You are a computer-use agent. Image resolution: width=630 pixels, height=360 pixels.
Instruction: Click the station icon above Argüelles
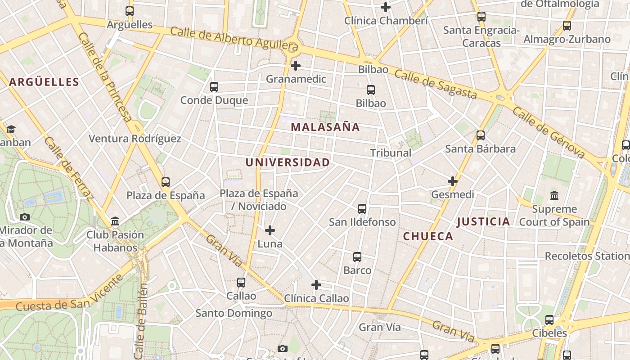pyautogui.click(x=130, y=11)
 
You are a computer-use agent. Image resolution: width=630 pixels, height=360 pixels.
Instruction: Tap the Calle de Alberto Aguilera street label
pyautogui.click(x=234, y=39)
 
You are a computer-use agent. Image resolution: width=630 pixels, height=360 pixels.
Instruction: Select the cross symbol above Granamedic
pyautogui.click(x=295, y=66)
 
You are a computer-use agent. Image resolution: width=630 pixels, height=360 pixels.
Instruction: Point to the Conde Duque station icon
pyautogui.click(x=214, y=87)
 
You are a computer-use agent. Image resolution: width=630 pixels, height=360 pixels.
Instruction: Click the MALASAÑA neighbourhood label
pyautogui.click(x=325, y=127)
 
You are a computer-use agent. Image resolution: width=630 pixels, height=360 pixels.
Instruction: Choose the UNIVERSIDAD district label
pyautogui.click(x=288, y=162)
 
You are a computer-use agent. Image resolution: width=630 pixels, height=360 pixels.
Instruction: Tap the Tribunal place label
pyautogui.click(x=391, y=153)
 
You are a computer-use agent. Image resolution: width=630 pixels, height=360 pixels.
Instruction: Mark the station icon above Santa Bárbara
pyautogui.click(x=481, y=135)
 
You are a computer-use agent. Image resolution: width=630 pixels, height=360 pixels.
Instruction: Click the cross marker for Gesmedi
pyautogui.click(x=452, y=181)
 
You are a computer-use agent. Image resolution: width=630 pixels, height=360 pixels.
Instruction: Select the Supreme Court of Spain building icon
pyautogui.click(x=554, y=196)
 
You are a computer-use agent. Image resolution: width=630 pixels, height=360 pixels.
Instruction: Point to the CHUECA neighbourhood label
pyautogui.click(x=428, y=236)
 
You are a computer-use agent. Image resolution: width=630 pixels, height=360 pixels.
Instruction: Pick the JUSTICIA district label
pyautogui.click(x=484, y=221)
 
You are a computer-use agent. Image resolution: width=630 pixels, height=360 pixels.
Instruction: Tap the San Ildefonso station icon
pyautogui.click(x=362, y=209)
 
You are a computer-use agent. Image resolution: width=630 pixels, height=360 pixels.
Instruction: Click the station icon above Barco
pyautogui.click(x=357, y=257)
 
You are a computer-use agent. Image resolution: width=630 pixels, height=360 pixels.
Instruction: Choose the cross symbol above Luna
pyautogui.click(x=270, y=231)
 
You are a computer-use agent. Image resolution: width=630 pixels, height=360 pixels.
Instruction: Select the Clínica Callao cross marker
pyautogui.click(x=316, y=285)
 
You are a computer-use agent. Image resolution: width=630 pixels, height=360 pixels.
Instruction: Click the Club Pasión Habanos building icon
pyautogui.click(x=115, y=221)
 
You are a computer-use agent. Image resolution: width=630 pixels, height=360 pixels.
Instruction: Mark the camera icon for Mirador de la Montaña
pyautogui.click(x=25, y=217)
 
